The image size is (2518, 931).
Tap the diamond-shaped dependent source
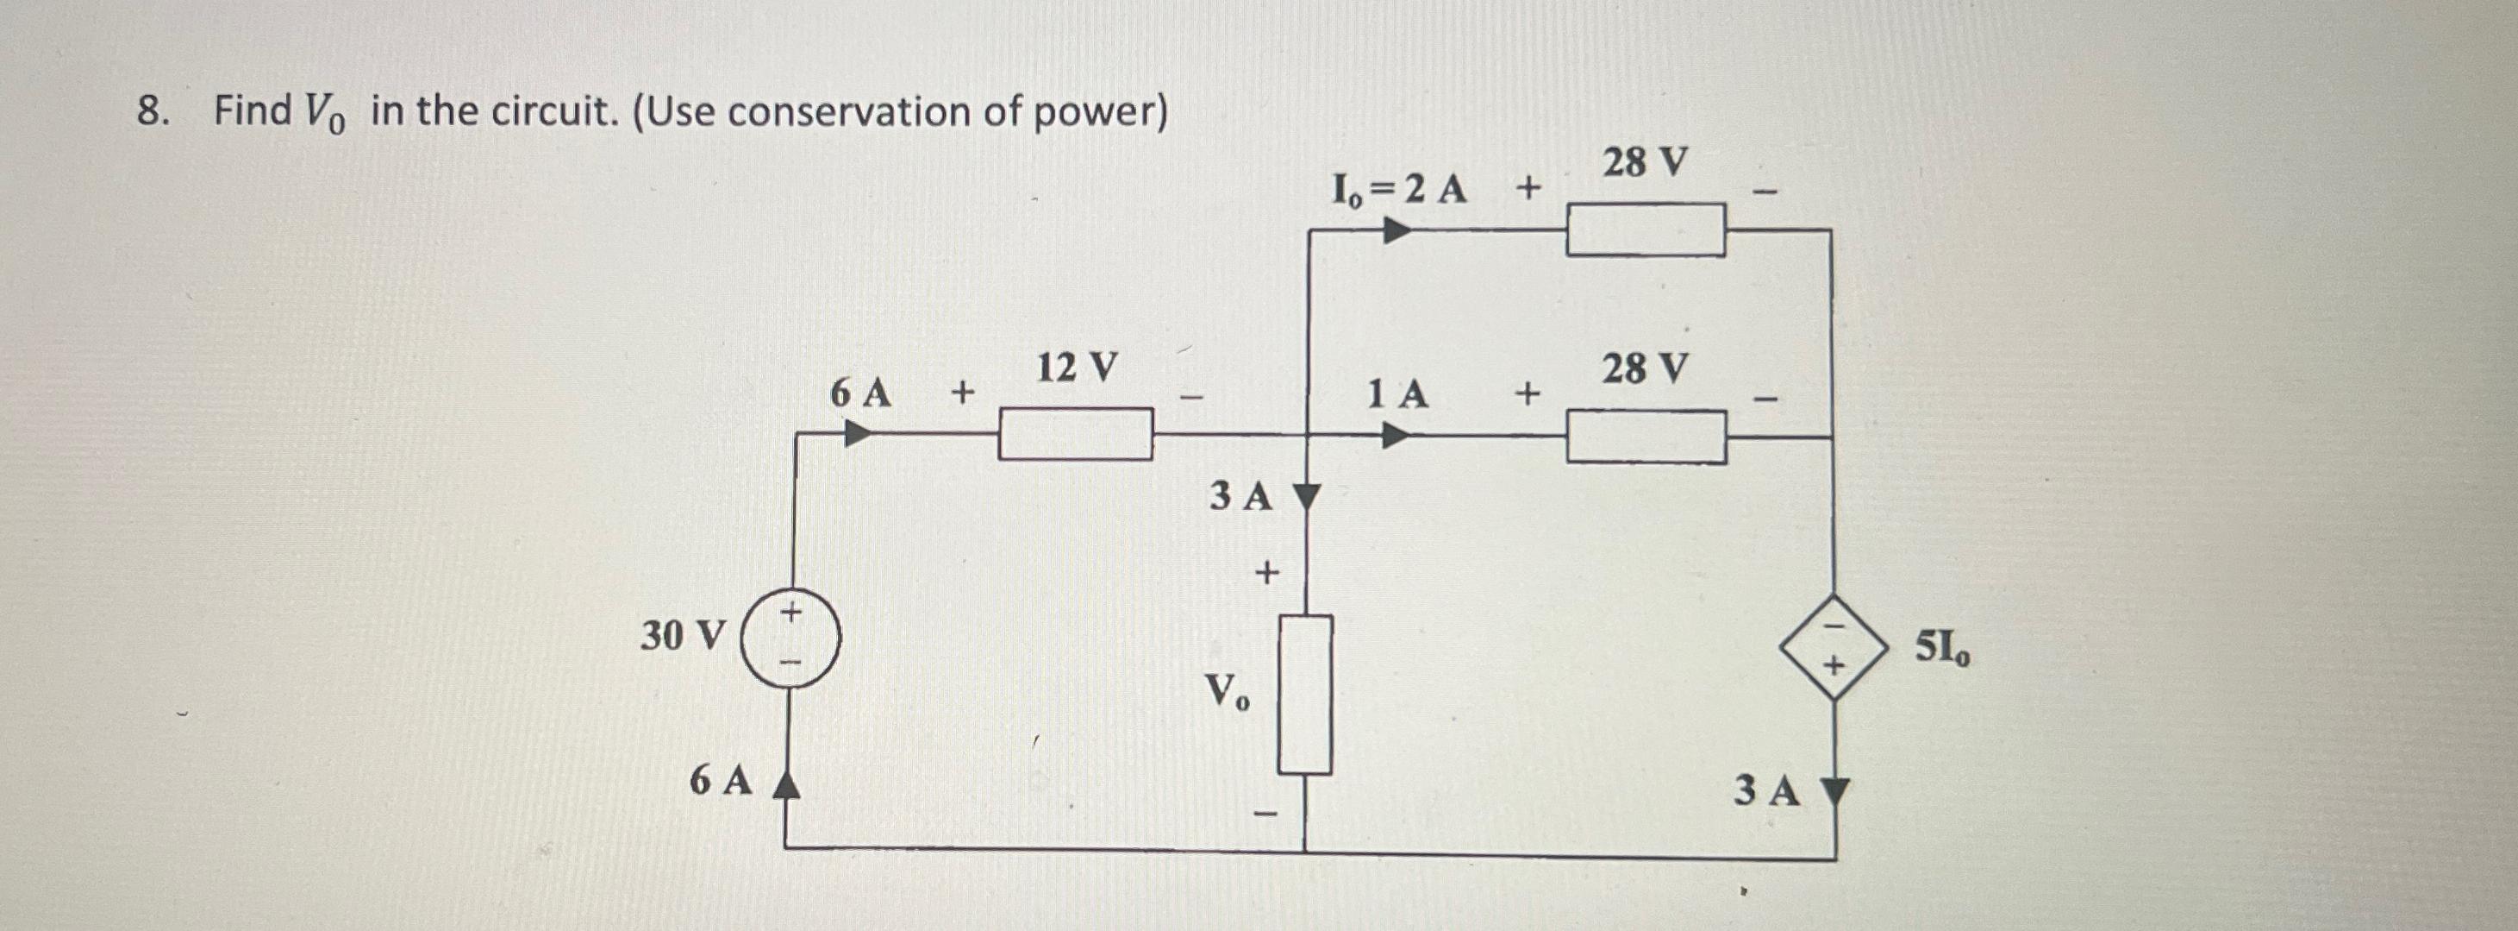(x=1833, y=646)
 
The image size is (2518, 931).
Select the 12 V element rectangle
(x=1074, y=434)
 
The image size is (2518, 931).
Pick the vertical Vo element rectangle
(x=1305, y=695)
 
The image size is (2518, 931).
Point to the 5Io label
(x=1942, y=647)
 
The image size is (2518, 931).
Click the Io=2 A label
(x=1400, y=189)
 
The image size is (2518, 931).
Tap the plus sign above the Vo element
(x=1267, y=571)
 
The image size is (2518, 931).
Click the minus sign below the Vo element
(x=1267, y=814)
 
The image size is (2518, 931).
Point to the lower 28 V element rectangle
(x=1646, y=436)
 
